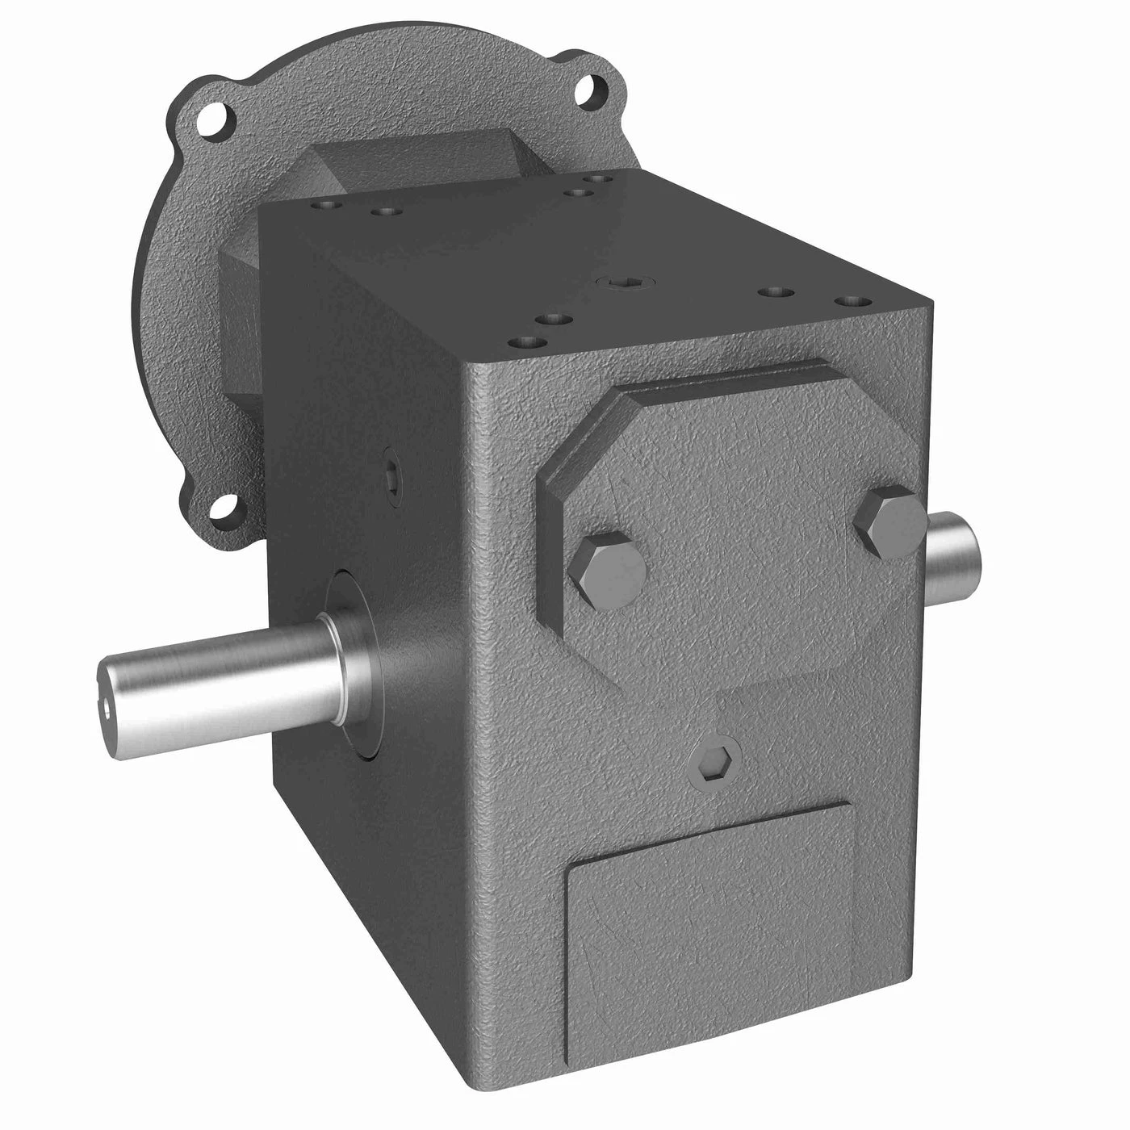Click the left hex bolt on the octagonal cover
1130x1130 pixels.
tap(607, 571)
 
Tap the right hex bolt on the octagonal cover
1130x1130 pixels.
tap(889, 522)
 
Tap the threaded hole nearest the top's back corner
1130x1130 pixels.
tap(596, 179)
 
